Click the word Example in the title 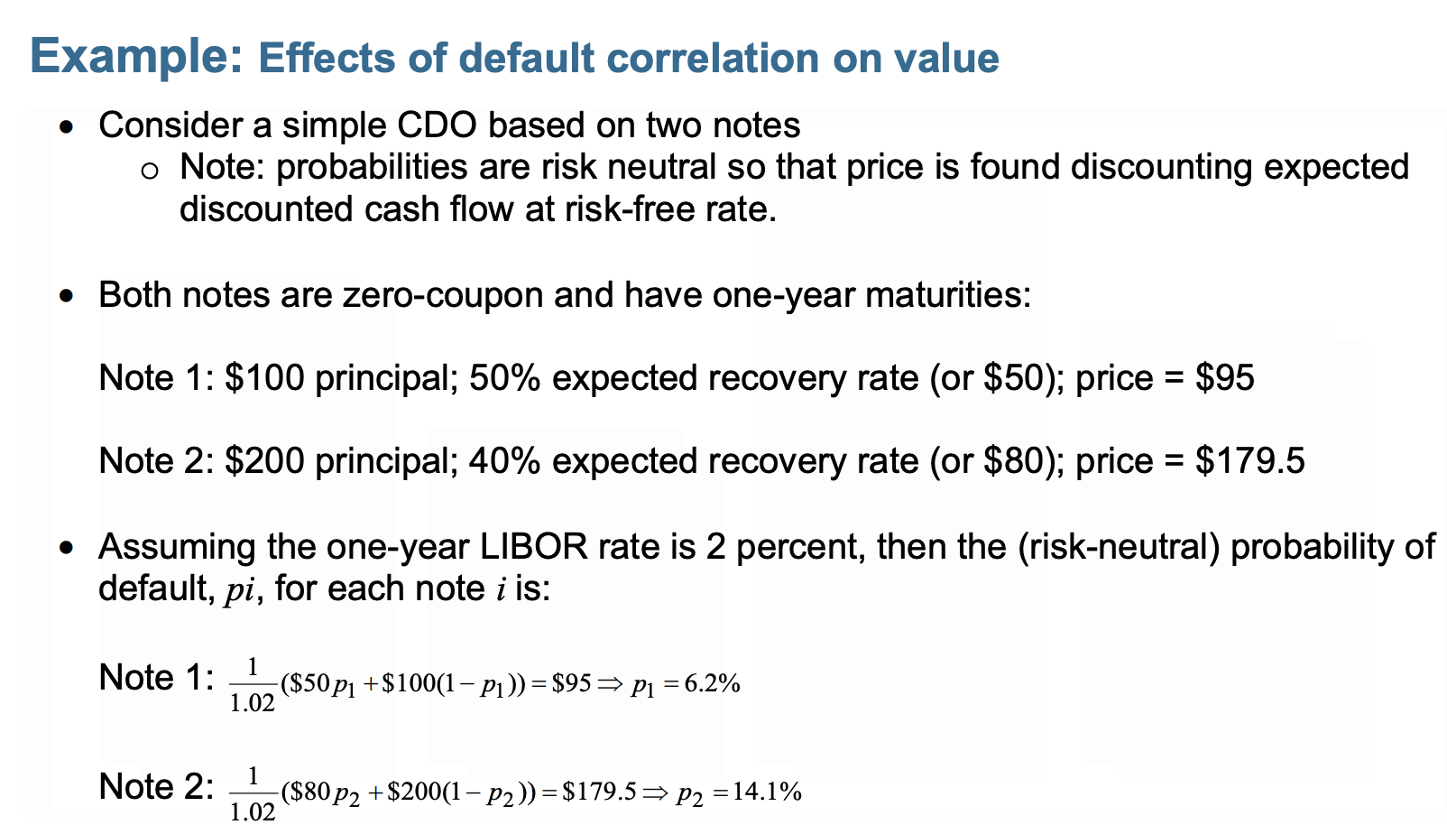point(136,56)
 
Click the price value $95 point(1224,377)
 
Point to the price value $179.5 point(1249,460)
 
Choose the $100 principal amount point(264,377)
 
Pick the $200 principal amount point(264,460)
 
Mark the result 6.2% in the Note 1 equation point(712,684)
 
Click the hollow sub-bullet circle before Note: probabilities point(151,169)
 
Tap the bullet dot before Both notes point(66,296)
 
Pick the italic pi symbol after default point(239,590)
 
